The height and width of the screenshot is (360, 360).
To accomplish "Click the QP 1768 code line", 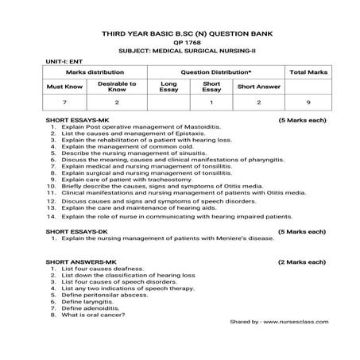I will click(x=179, y=45).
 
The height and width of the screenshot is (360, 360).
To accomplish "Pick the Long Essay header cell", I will click(x=168, y=86).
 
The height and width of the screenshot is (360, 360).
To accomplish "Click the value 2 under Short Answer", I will click(x=258, y=103).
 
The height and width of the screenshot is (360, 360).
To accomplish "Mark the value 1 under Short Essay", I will click(x=211, y=103).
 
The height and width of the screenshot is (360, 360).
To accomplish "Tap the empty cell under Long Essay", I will click(x=168, y=103).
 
